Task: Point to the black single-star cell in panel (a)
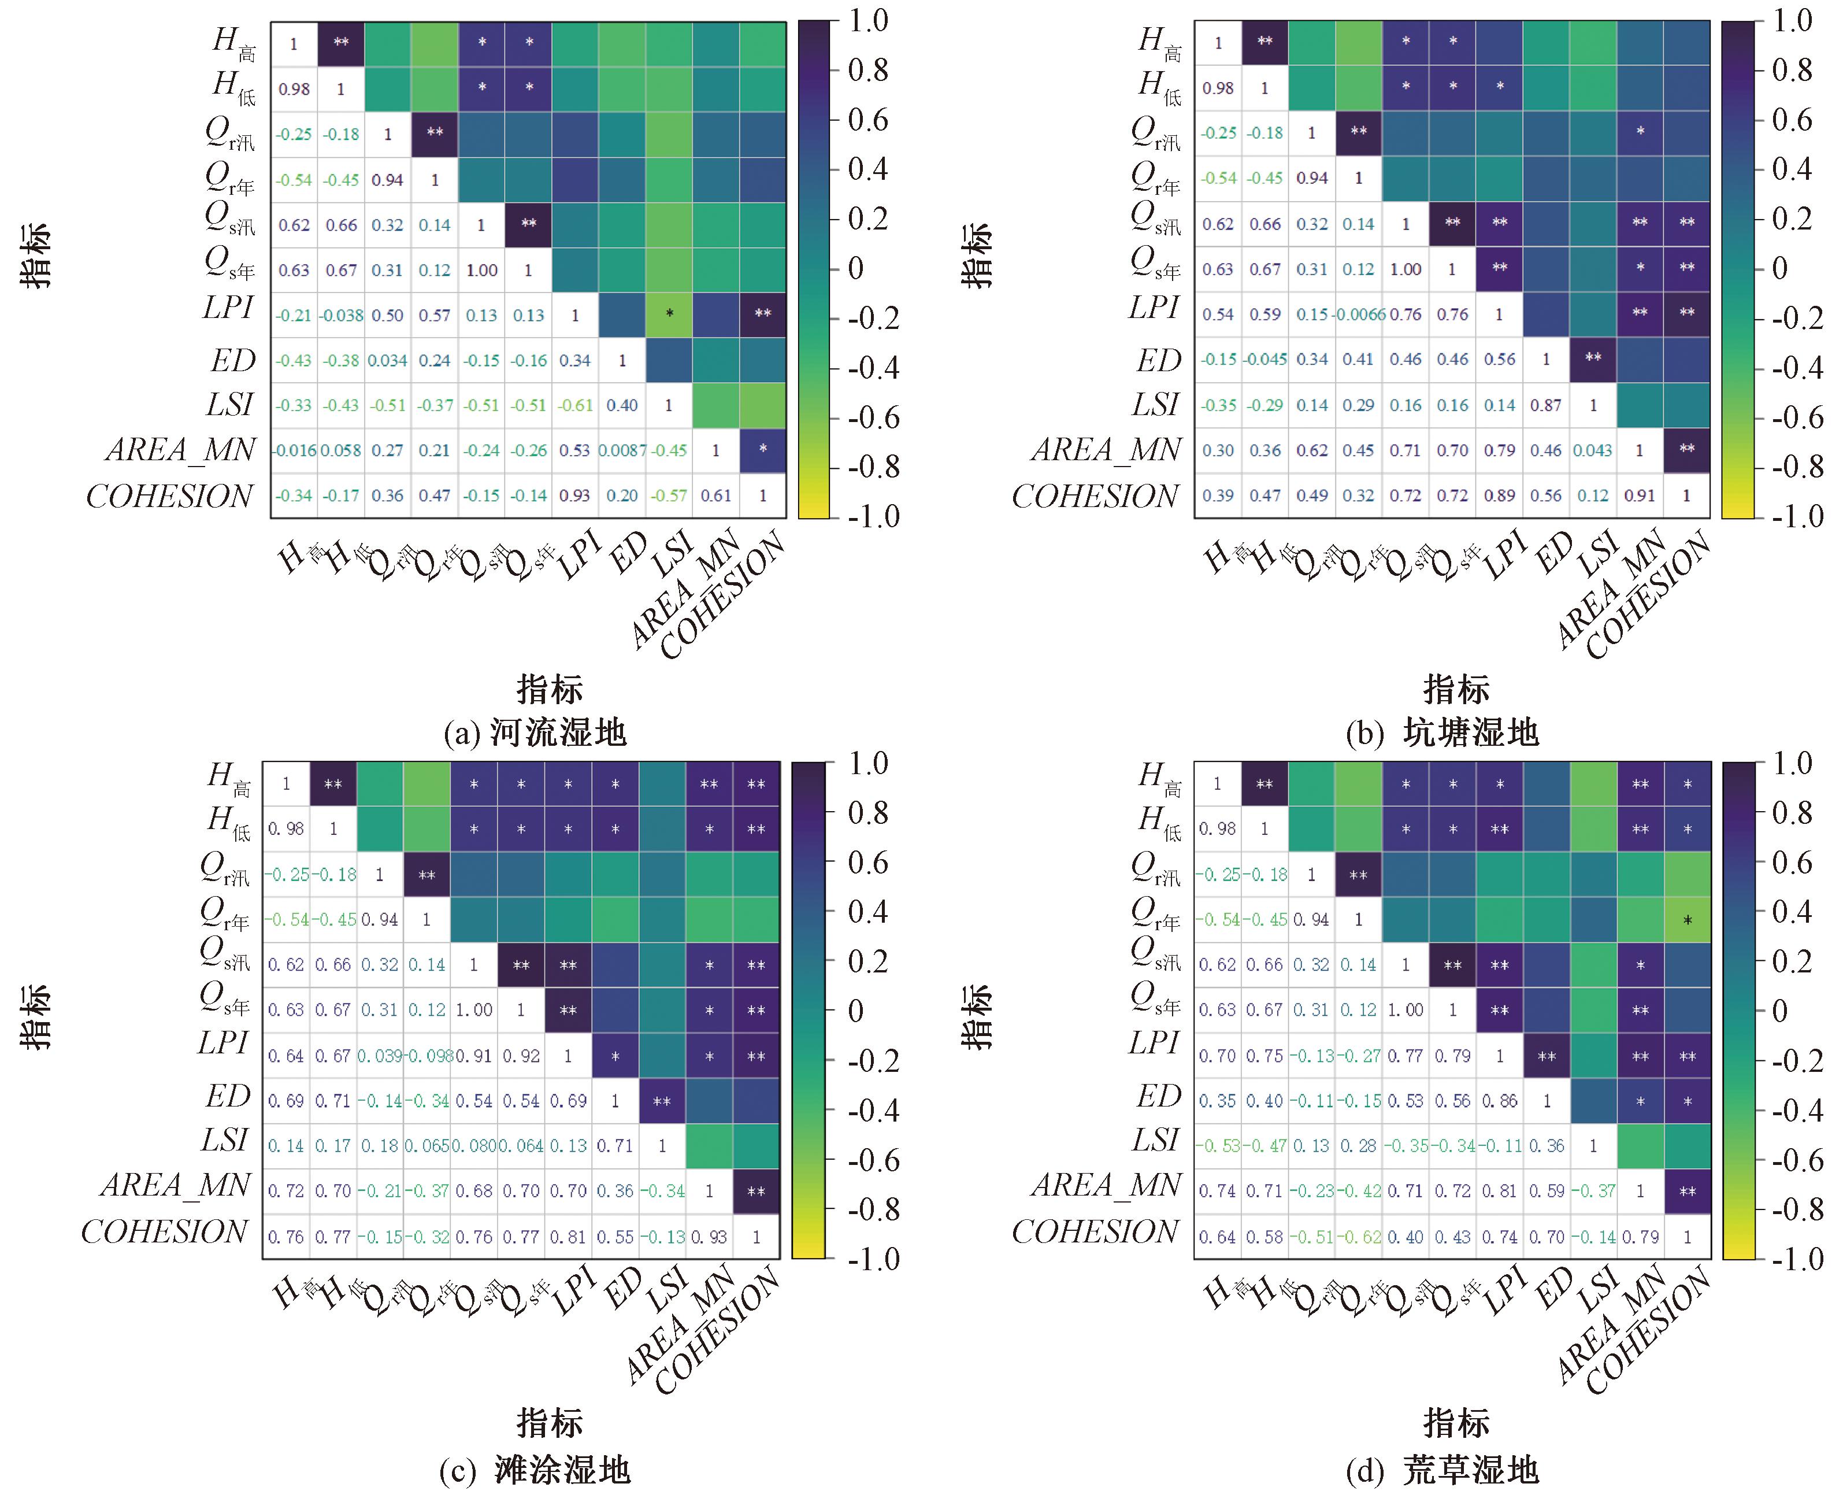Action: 669,314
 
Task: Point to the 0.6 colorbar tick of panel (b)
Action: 1790,120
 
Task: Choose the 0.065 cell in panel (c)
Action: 427,1145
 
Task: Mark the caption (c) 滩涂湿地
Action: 535,1469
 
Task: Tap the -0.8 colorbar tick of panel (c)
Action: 869,1209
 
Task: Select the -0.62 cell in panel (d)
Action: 1359,1237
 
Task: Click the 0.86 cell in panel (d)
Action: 1500,1101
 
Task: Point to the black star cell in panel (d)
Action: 1688,920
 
